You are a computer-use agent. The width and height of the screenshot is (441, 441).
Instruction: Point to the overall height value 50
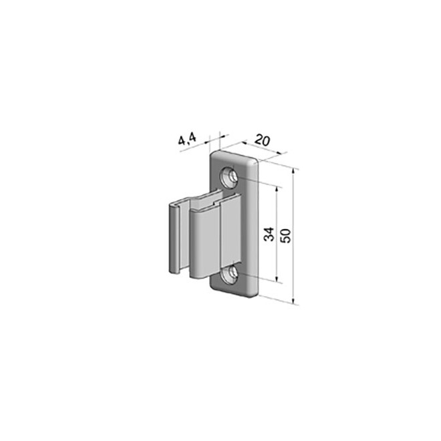[x=285, y=235]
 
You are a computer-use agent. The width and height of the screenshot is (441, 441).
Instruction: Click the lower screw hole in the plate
[x=230, y=274]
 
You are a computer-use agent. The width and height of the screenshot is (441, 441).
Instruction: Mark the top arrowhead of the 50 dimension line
[x=295, y=170]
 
